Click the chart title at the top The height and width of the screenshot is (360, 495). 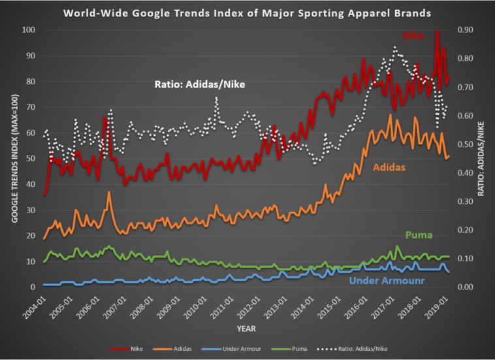coord(248,12)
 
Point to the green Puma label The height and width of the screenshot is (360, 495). coord(418,235)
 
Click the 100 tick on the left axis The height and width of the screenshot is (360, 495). coord(28,30)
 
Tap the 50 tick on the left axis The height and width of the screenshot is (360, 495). coord(30,159)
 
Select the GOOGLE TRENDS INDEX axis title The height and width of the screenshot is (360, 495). coord(14,158)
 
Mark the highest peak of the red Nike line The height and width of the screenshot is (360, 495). coord(437,31)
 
